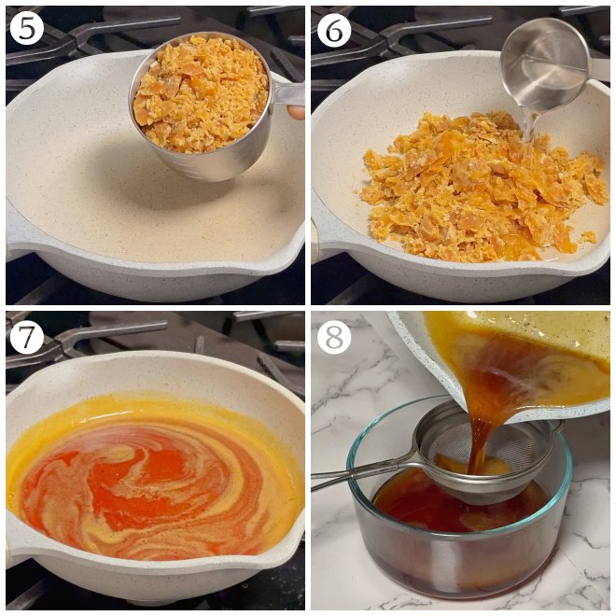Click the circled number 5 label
pyautogui.click(x=27, y=29)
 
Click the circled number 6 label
pyautogui.click(x=334, y=29)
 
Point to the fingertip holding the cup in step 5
pyautogui.click(x=296, y=112)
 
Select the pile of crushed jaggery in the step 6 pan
pyautogui.click(x=476, y=187)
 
